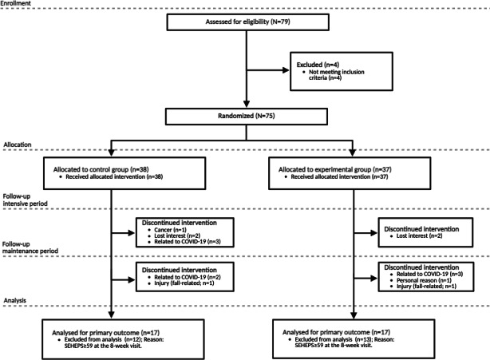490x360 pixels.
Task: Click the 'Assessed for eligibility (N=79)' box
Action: tap(248, 22)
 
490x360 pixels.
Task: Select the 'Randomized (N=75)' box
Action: tap(247, 117)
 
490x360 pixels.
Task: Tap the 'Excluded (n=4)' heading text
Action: tap(318, 65)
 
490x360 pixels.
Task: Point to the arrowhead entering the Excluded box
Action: tap(286, 70)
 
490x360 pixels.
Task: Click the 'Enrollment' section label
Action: tap(16, 3)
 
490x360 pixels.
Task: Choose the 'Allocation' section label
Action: tap(18, 144)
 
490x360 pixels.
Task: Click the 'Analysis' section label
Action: tap(15, 301)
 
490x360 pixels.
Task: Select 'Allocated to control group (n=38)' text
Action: tap(101, 169)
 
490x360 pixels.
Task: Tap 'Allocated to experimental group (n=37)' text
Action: tap(335, 169)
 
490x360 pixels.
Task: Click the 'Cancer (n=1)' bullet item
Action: tap(170, 230)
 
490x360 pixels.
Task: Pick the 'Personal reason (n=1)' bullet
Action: tap(424, 280)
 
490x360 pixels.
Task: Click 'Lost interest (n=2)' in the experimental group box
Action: tap(420, 236)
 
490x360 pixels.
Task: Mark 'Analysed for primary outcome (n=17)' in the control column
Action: tap(105, 333)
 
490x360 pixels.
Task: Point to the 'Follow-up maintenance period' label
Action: tap(30, 247)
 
